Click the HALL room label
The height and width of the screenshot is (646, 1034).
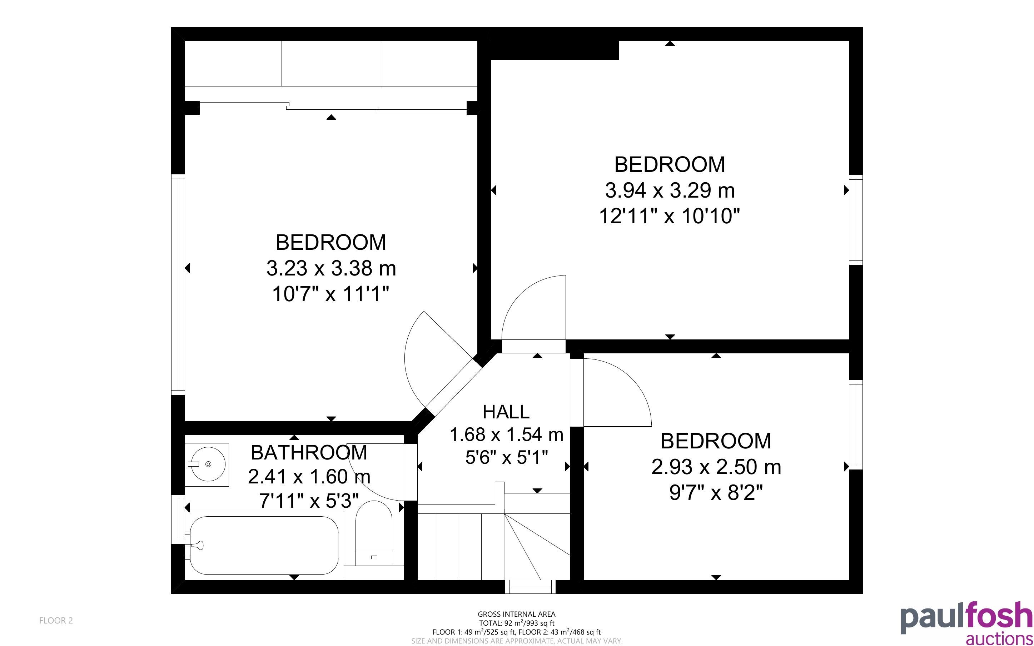pyautogui.click(x=506, y=412)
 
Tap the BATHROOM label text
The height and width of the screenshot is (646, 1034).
pyautogui.click(x=309, y=452)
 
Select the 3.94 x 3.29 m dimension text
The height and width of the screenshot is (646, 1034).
pyautogui.click(x=670, y=190)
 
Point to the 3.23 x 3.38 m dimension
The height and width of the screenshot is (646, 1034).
pyautogui.click(x=331, y=268)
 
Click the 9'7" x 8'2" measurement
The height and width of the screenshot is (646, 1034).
pyautogui.click(x=716, y=493)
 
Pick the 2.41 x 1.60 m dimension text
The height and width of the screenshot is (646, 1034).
pyautogui.click(x=309, y=476)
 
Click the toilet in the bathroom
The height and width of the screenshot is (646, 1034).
pyautogui.click(x=374, y=533)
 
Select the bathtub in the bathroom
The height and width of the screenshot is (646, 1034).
pyautogui.click(x=264, y=545)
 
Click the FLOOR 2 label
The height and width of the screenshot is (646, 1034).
pyautogui.click(x=56, y=620)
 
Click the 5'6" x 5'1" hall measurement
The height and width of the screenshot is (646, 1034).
pyautogui.click(x=506, y=458)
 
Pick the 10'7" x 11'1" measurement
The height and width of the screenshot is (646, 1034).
pyautogui.click(x=331, y=294)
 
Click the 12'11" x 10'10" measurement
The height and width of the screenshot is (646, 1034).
pyautogui.click(x=670, y=216)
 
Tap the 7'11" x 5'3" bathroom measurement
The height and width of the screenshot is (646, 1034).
pyautogui.click(x=309, y=500)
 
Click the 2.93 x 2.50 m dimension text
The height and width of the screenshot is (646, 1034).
pyautogui.click(x=716, y=467)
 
